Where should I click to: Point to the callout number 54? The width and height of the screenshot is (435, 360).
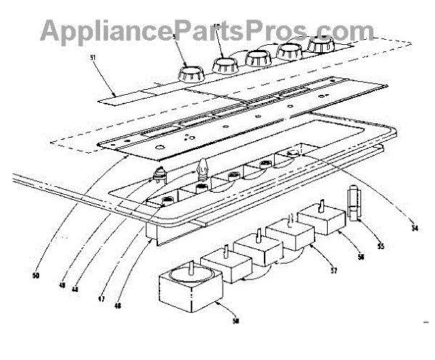pyautogui.click(x=414, y=229)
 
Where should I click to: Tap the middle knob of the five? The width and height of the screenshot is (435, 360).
pyautogui.click(x=258, y=56)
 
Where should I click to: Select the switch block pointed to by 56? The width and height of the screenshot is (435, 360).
pyautogui.click(x=323, y=218)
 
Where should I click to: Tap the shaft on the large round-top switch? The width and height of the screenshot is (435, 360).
pyautogui.click(x=189, y=267)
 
